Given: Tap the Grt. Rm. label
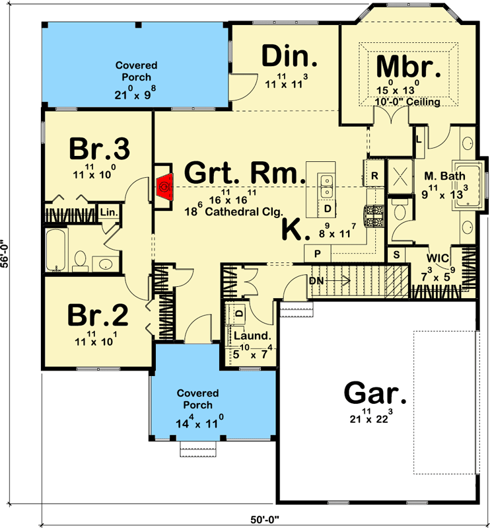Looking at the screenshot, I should point(244,173).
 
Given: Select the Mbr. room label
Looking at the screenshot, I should point(408,67).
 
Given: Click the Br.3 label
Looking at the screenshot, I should point(99,149).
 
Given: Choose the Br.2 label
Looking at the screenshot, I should point(98,317).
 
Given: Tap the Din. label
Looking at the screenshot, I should point(290,57).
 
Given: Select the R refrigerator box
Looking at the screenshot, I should point(374,176).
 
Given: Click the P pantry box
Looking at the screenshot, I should point(316,254).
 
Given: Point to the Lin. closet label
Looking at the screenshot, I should point(107,213).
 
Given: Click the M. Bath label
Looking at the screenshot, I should point(444,176).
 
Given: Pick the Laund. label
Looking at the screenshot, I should point(251,335).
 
